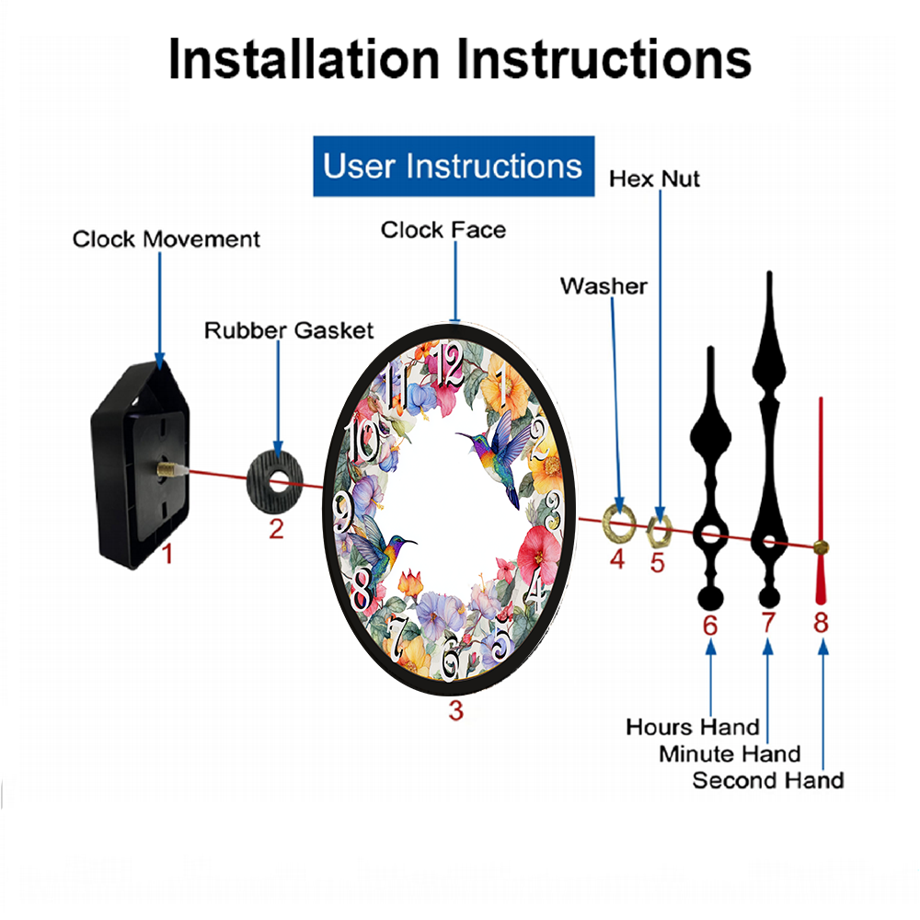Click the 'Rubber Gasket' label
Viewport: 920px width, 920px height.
point(289,330)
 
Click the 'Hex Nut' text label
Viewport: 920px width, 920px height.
point(654,178)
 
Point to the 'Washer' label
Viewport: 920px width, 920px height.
point(604,286)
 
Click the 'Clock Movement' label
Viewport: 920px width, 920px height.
point(166,239)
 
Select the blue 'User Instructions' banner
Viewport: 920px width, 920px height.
point(454,166)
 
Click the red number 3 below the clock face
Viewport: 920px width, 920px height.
point(456,710)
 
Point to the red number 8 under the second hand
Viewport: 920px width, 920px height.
point(821,622)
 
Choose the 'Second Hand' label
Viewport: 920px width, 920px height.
point(768,780)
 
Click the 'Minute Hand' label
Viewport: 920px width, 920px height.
point(730,753)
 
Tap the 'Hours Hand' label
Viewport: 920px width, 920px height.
point(693,727)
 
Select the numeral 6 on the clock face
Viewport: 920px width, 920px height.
point(451,657)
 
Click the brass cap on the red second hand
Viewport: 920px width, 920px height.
point(821,547)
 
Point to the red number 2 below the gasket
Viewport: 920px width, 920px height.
point(276,529)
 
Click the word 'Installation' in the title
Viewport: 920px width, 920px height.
point(304,59)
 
